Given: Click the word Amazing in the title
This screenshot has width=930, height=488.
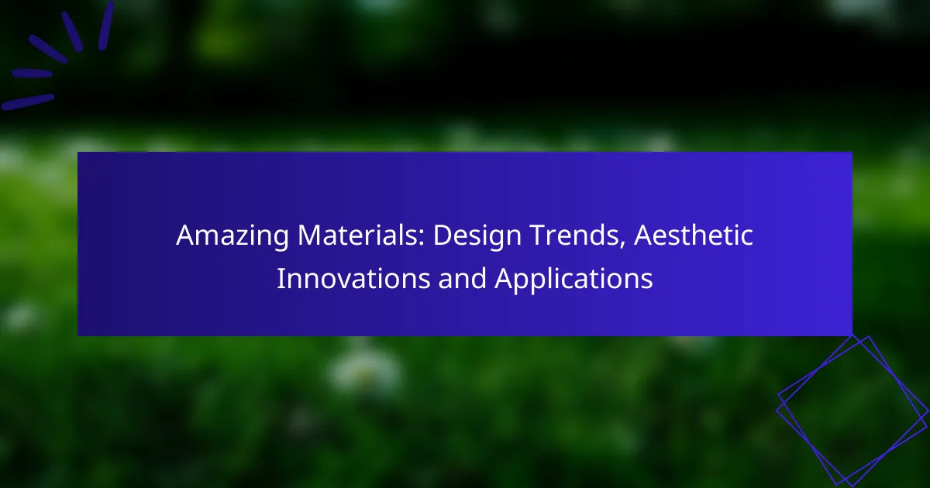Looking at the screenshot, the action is (232, 236).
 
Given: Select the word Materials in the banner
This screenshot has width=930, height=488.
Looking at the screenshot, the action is (361, 235).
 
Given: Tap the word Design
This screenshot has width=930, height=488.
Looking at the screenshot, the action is (477, 236).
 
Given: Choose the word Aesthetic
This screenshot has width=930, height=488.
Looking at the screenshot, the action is (694, 235).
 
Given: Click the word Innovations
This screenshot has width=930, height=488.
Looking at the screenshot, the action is (353, 278).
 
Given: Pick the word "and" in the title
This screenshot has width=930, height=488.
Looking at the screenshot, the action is (462, 278).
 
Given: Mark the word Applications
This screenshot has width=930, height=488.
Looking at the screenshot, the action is (573, 279).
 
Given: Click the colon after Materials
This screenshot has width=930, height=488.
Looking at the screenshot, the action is (422, 239).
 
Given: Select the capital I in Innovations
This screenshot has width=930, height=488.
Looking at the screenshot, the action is (281, 278).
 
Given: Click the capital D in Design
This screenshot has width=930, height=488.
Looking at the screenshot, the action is (443, 235).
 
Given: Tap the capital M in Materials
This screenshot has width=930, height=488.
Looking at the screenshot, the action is (311, 235).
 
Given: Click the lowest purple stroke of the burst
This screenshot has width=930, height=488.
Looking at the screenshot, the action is (27, 102).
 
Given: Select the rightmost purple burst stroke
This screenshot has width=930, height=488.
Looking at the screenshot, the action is (106, 26).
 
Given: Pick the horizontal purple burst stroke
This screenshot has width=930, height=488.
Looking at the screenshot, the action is (32, 74).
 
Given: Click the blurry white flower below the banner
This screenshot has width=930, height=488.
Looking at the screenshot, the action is (365, 371).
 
